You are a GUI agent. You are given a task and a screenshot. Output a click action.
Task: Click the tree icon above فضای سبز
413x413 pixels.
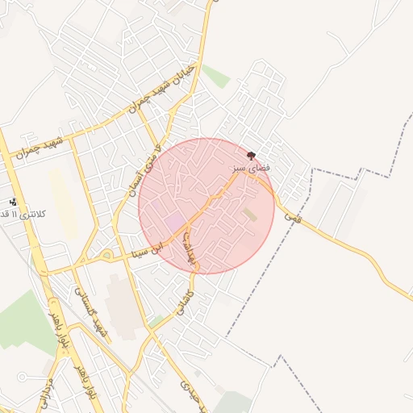click(x=252, y=154)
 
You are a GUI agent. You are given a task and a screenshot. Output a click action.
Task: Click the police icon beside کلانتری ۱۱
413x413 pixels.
click(x=13, y=202)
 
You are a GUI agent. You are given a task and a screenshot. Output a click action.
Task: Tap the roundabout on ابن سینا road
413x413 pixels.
click(x=106, y=257)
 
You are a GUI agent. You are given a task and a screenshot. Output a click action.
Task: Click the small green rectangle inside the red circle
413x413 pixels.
click(x=251, y=215)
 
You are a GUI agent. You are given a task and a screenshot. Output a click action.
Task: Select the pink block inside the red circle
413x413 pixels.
click(x=174, y=220)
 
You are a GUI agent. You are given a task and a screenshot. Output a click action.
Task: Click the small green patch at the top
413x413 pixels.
click(x=215, y=76)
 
